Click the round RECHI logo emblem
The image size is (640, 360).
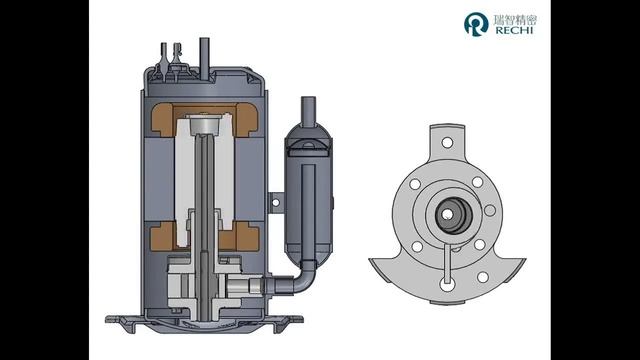click(x=476, y=24)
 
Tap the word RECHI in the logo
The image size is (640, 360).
click(x=514, y=30)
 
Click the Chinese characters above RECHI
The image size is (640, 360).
click(x=515, y=20)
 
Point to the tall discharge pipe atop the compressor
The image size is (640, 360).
click(x=204, y=56)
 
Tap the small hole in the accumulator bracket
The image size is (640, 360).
click(x=276, y=202)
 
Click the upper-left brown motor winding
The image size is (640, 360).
click(x=162, y=120)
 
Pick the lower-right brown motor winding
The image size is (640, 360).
click(x=247, y=237)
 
